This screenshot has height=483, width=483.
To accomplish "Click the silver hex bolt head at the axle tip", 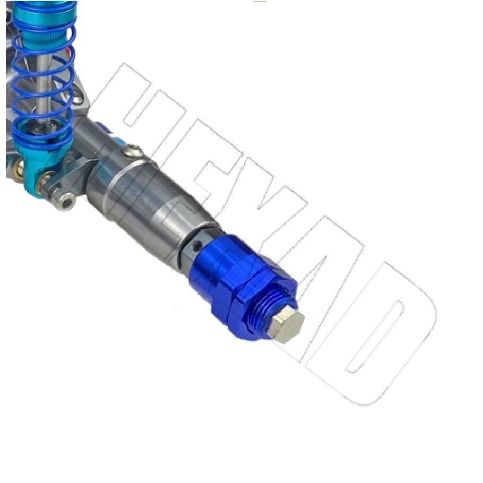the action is coord(286,325).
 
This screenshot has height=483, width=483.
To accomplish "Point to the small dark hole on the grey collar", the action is coord(196,246).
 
